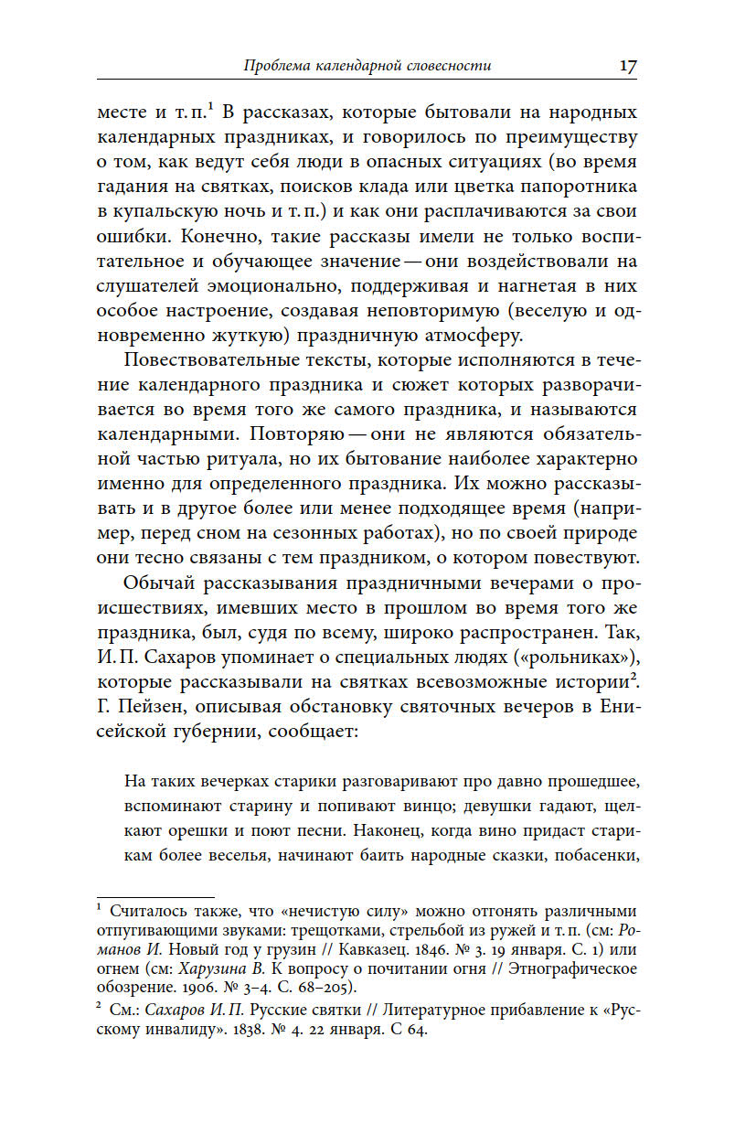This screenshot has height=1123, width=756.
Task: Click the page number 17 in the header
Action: coord(627,66)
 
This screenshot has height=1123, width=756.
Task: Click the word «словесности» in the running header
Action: coord(447,66)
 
